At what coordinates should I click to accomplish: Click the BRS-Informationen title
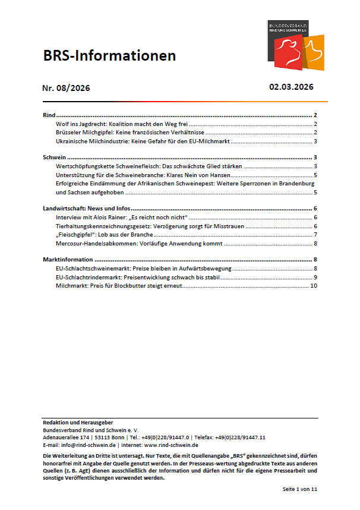click(x=109, y=56)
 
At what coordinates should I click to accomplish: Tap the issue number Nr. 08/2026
click(x=66, y=89)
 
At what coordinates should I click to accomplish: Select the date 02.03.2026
click(x=291, y=87)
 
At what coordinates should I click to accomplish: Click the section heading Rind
click(x=49, y=115)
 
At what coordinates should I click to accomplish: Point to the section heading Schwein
click(x=54, y=158)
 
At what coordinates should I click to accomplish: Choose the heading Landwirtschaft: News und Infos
click(x=87, y=209)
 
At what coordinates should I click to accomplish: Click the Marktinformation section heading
click(x=68, y=260)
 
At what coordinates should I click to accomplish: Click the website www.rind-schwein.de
click(x=171, y=445)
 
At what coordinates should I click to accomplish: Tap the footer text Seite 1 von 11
click(x=300, y=488)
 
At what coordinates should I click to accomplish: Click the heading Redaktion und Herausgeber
click(x=78, y=422)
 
